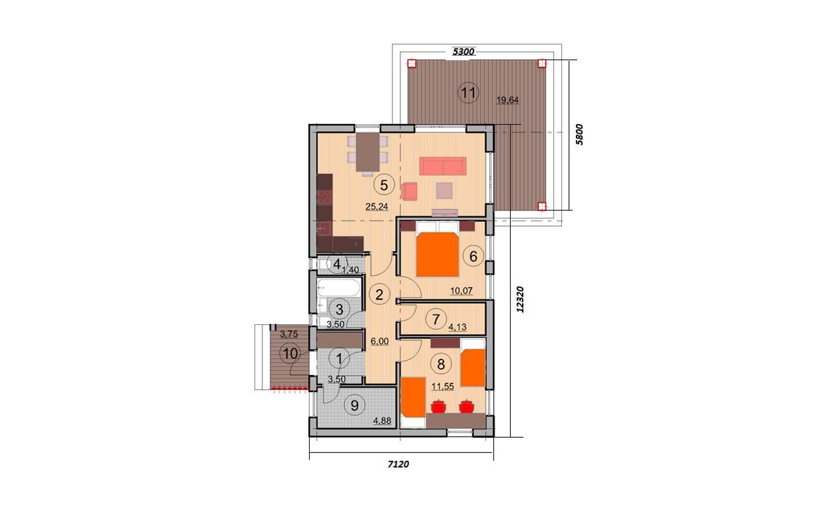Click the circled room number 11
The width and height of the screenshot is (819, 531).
[468, 93]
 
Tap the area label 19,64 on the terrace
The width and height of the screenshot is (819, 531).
[507, 100]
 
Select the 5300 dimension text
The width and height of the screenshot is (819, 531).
[463, 52]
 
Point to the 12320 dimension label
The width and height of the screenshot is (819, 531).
[520, 299]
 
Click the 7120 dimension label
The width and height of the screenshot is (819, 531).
[398, 464]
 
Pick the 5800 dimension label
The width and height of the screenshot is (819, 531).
[579, 134]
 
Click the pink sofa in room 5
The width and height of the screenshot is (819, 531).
[443, 166]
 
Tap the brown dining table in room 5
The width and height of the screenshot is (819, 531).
[368, 152]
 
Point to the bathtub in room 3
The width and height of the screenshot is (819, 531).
[339, 288]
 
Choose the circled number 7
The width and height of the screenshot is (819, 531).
[436, 320]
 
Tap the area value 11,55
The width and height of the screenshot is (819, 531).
[443, 386]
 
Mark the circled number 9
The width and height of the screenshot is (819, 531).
[354, 405]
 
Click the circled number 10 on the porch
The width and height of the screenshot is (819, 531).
[290, 354]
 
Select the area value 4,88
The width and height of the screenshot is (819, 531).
[382, 421]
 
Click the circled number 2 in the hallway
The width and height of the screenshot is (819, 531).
[379, 294]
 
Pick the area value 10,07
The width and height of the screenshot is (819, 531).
[461, 291]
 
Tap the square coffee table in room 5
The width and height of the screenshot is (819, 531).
[444, 191]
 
